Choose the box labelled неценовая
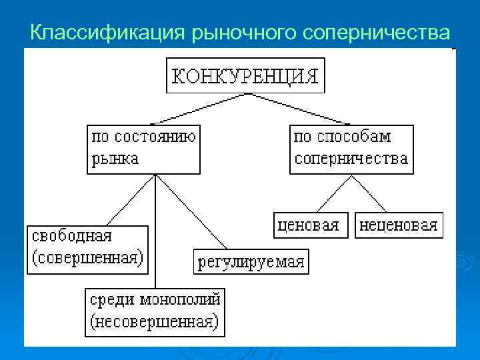(399, 225)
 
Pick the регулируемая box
(251, 261)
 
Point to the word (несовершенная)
(155, 322)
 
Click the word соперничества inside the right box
(351, 159)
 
